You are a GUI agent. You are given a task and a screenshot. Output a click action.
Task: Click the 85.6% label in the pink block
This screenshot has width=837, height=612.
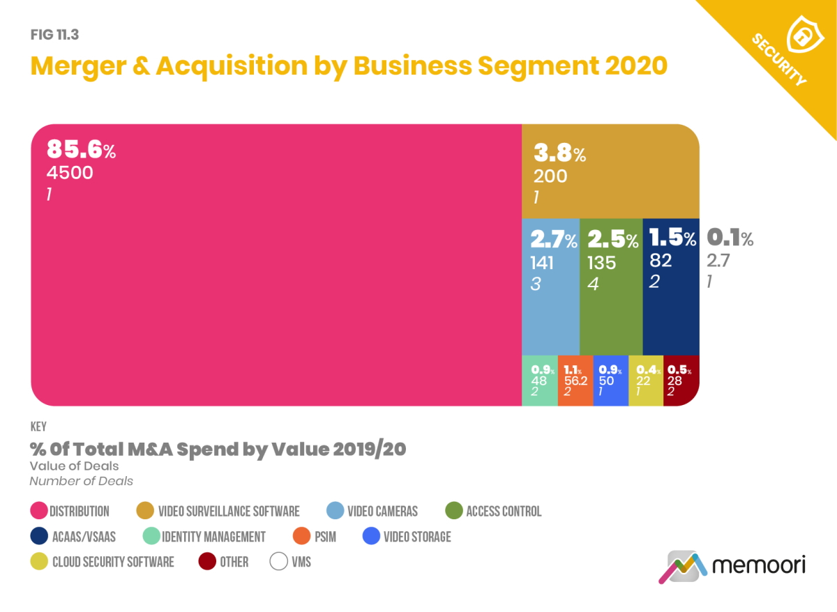click(81, 150)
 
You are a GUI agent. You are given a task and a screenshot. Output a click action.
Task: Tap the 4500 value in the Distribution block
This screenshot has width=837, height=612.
click(70, 173)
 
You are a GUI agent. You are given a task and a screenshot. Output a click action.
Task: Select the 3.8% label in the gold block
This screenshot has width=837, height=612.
click(559, 153)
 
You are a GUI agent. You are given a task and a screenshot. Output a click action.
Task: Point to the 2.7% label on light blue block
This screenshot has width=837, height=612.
click(554, 240)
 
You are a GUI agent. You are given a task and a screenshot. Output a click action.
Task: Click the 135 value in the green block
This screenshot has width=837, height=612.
click(601, 263)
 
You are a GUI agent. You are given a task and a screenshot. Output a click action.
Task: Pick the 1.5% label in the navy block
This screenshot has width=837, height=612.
click(672, 239)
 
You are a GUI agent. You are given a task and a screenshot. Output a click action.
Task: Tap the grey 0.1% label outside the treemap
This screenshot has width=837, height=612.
click(730, 239)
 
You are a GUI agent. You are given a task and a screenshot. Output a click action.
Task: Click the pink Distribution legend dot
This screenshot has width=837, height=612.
click(38, 512)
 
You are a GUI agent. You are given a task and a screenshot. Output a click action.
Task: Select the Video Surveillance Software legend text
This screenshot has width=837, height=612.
click(229, 512)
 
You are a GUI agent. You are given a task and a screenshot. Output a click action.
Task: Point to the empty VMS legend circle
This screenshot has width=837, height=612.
click(279, 562)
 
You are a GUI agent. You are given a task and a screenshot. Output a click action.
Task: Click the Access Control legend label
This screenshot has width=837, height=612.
click(503, 512)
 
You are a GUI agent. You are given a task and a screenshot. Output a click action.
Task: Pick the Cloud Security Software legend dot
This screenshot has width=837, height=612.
click(38, 562)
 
